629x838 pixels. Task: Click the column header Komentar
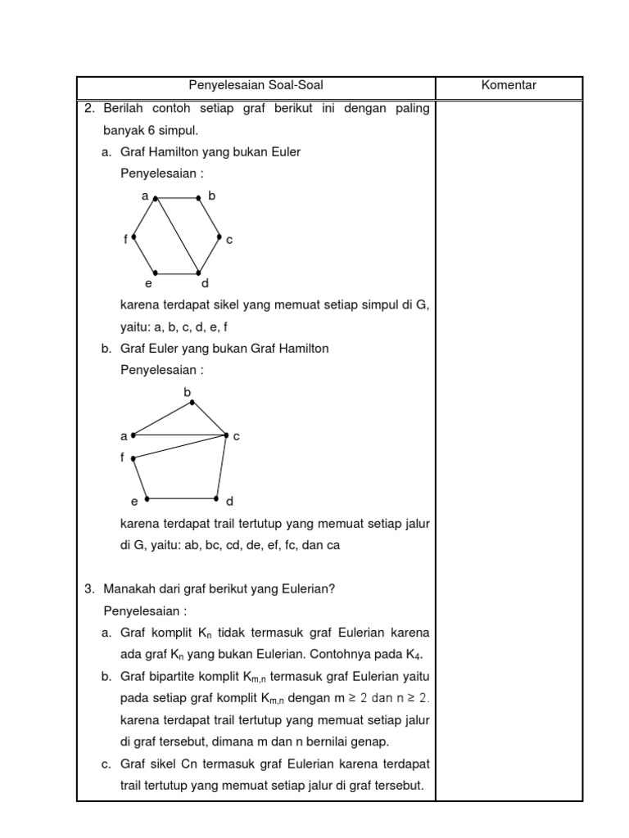pyautogui.click(x=509, y=85)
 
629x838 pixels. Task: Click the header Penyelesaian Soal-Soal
pyautogui.click(x=256, y=85)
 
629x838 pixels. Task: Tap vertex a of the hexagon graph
pyautogui.click(x=156, y=198)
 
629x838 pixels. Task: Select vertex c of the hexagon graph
pyautogui.click(x=219, y=237)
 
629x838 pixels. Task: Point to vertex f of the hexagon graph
pyautogui.click(x=133, y=237)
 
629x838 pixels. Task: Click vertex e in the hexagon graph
pyautogui.click(x=155, y=273)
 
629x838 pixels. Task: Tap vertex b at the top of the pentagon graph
pyautogui.click(x=191, y=401)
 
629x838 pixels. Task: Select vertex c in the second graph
pyautogui.click(x=227, y=435)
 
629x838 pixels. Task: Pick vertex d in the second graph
pyautogui.click(x=217, y=498)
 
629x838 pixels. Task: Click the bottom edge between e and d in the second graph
pyautogui.click(x=182, y=498)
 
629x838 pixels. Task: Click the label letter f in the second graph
pyautogui.click(x=122, y=457)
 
